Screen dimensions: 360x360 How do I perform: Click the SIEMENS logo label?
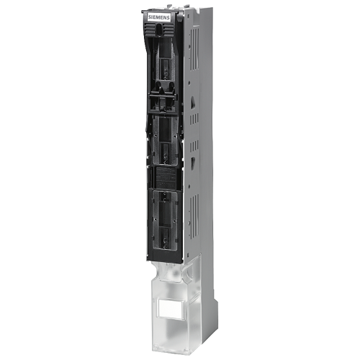[159, 17]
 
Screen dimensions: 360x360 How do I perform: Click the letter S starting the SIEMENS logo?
[149, 17]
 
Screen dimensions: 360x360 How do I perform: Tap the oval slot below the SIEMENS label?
[158, 30]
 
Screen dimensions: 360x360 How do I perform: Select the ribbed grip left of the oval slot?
[150, 30]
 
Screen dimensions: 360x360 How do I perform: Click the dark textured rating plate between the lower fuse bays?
[166, 178]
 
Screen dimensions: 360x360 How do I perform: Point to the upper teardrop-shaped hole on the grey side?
[192, 102]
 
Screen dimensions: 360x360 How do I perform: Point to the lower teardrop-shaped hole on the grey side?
[192, 163]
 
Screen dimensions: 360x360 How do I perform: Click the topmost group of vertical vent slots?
[194, 49]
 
